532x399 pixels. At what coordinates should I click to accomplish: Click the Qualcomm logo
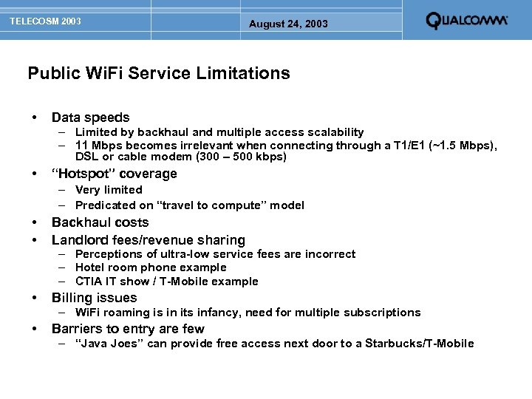466,21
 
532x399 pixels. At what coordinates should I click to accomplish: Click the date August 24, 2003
288,24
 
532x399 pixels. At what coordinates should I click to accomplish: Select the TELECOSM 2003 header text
45,21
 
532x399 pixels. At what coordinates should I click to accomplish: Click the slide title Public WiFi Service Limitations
159,73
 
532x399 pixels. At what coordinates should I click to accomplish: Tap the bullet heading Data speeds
90,117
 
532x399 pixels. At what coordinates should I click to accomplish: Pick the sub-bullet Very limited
109,190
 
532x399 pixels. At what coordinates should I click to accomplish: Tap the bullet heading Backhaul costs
100,222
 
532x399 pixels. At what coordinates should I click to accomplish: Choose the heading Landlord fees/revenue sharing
148,240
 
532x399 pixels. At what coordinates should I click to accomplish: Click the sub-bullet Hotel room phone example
151,267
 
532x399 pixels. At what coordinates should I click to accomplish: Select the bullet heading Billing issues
94,298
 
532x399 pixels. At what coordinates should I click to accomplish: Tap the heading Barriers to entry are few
128,329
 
